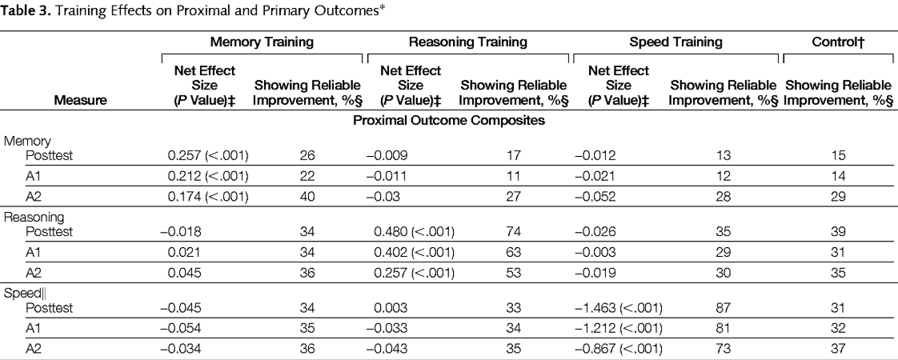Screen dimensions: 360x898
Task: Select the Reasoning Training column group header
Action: click(x=468, y=40)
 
